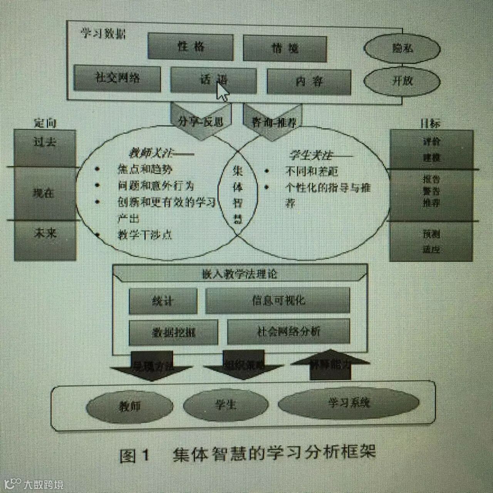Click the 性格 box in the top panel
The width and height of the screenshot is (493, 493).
191,47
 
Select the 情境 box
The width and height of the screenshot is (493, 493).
285,48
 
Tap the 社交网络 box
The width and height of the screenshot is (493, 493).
117,79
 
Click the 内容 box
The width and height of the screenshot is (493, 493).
309,81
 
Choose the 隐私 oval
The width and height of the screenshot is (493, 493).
402,48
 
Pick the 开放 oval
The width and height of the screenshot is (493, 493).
402,81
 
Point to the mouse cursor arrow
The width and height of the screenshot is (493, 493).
222,91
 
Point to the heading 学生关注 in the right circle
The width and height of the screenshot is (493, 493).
310,155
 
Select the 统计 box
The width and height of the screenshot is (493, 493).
163,301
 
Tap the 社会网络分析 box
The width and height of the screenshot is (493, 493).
288,332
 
